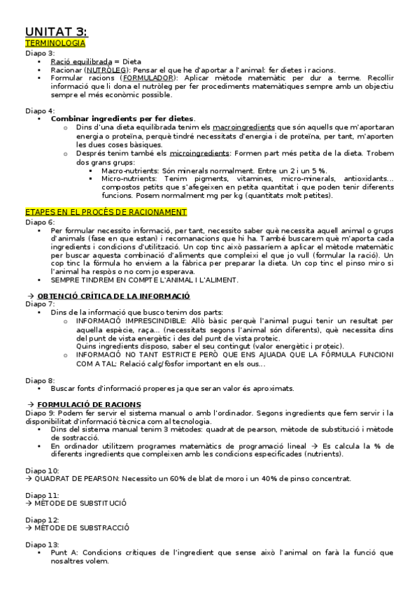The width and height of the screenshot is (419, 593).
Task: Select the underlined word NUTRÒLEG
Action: click(106, 71)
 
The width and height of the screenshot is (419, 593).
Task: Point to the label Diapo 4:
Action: click(40, 110)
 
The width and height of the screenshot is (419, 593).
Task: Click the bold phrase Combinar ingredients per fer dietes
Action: click(123, 119)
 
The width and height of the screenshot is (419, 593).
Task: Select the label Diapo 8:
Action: click(40, 380)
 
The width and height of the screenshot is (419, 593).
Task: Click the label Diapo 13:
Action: click(42, 544)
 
